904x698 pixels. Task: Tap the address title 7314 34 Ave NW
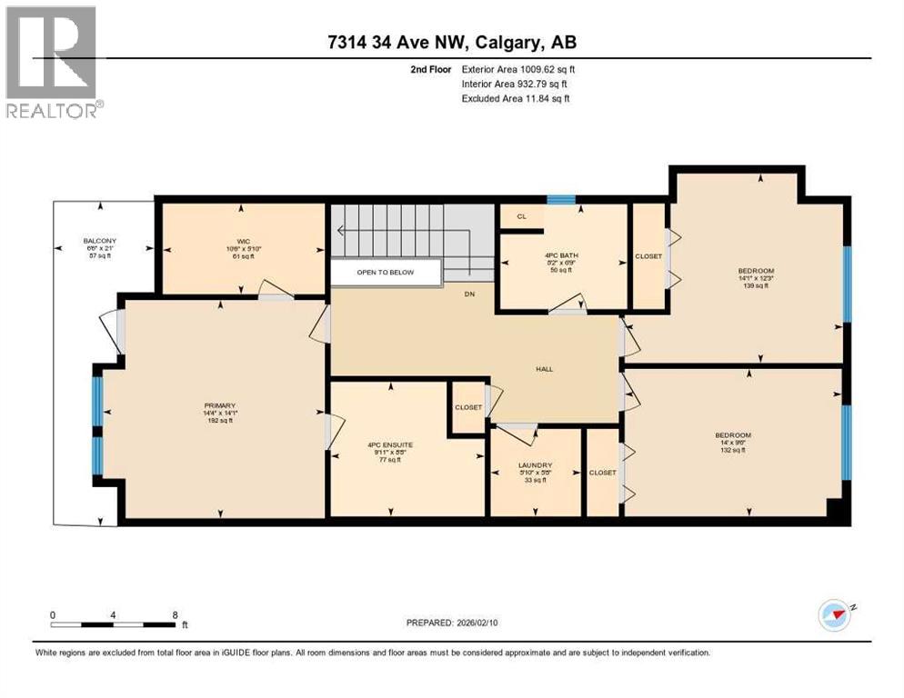point(451,43)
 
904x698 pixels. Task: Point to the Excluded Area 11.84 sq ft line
point(515,99)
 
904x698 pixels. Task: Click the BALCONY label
point(101,241)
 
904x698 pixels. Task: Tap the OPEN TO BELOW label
point(386,272)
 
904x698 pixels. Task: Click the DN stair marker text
point(468,294)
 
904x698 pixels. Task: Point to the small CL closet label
point(521,216)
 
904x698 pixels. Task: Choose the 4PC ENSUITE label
point(386,445)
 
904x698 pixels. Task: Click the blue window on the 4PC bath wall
point(560,200)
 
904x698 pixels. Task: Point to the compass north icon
point(834,615)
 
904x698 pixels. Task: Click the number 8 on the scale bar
point(175,614)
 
